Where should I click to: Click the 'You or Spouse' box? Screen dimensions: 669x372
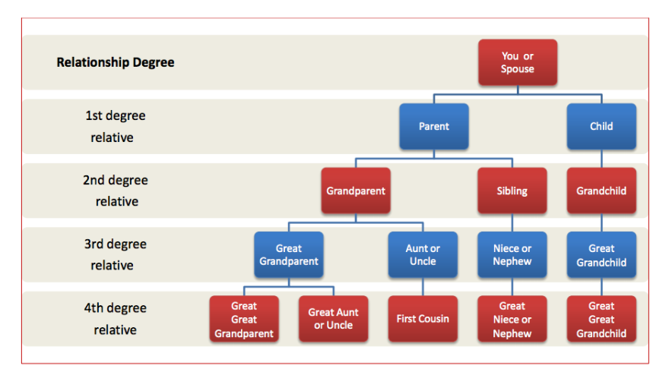point(518,62)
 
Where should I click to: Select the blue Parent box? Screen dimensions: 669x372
point(434,126)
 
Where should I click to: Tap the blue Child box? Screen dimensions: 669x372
point(601,126)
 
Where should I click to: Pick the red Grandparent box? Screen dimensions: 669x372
point(356,191)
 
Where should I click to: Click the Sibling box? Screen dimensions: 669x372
point(512,191)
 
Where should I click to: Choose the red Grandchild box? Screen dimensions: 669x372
point(601,191)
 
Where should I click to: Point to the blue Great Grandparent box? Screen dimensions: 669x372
point(289,255)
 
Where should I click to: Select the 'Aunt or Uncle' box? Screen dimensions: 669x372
point(423,255)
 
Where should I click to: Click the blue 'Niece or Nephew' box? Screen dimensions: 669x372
point(512,255)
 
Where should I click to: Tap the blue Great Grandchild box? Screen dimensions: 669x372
point(601,255)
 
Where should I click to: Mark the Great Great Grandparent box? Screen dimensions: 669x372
point(244,319)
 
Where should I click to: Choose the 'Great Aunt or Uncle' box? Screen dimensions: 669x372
point(333,319)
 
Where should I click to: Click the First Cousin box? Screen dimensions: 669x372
point(423,319)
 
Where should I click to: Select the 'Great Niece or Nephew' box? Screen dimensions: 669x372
point(512,319)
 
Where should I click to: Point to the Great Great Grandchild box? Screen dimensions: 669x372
point(601,319)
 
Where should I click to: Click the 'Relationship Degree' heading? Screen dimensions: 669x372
point(116,62)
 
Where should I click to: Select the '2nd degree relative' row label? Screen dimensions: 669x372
point(116,191)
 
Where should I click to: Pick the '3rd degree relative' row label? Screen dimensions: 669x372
point(115,254)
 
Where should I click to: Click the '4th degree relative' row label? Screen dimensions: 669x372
point(115,319)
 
